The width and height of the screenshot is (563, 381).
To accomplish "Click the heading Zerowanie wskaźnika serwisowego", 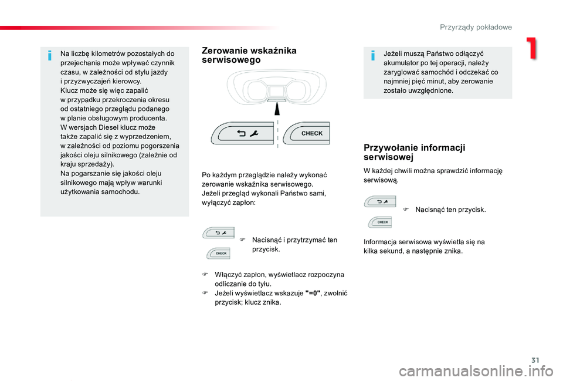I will point(249,55).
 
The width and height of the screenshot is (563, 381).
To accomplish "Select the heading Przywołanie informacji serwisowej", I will point(414,152).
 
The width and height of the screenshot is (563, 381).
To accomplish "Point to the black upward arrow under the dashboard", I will point(276,108).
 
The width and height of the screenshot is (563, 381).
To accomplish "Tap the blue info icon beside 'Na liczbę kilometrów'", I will point(50,55).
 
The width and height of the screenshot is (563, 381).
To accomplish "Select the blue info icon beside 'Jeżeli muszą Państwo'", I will point(372,55).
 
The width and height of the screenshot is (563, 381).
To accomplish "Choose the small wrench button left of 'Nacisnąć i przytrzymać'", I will point(219,232).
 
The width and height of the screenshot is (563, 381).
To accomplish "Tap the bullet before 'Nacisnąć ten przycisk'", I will point(405,210).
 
